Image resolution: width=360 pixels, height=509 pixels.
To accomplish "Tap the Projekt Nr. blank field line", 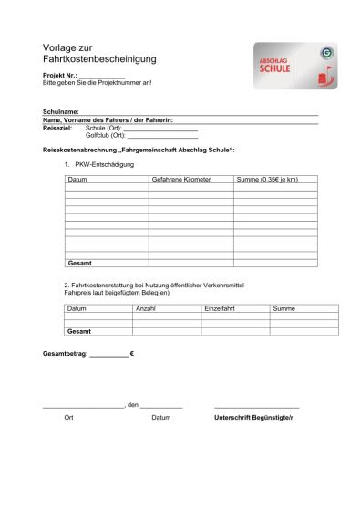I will pos(102,77).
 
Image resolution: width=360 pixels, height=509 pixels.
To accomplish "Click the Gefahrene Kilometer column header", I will pos(181,180).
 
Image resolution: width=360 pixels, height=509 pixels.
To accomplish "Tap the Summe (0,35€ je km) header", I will pos(267,180).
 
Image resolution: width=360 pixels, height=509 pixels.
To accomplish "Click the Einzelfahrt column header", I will pos(221,309).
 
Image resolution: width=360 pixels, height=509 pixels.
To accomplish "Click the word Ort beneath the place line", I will pos(68,417).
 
